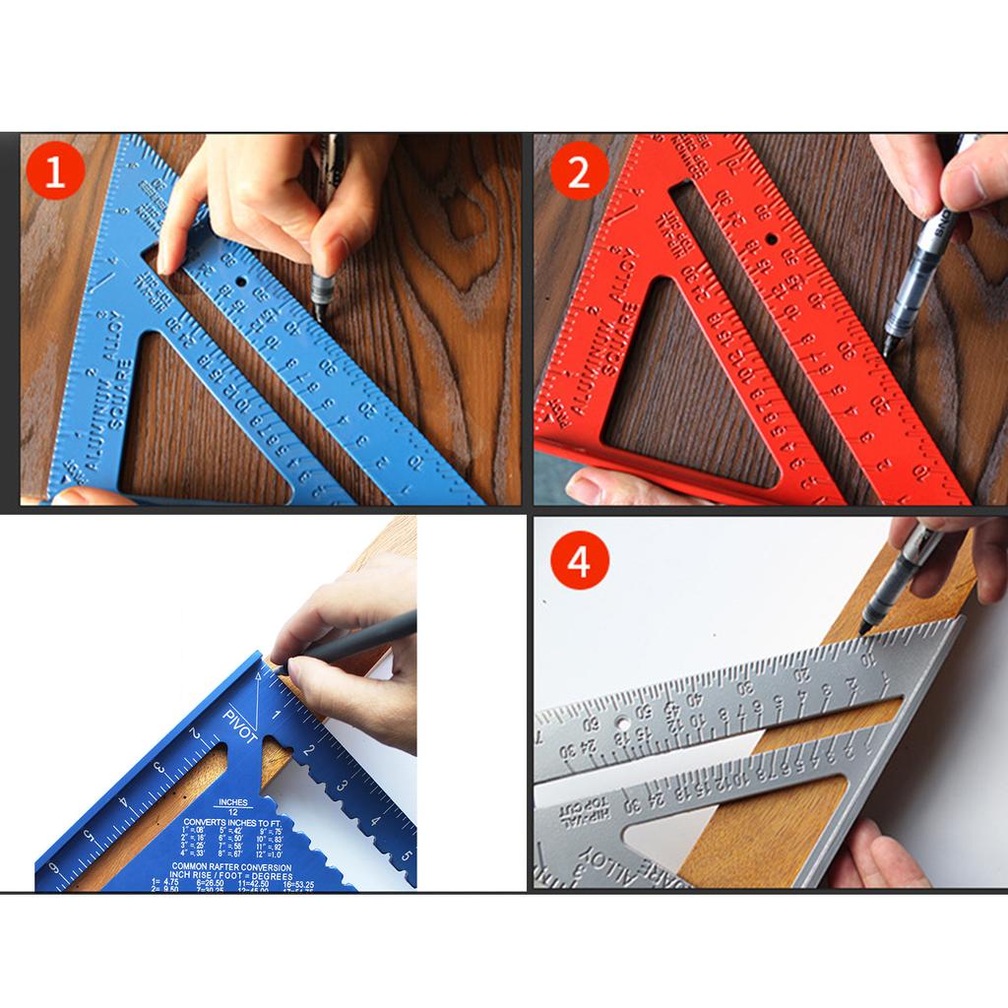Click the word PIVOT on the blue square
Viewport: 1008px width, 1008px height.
pyautogui.click(x=241, y=724)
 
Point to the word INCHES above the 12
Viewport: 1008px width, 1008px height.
pyautogui.click(x=232, y=802)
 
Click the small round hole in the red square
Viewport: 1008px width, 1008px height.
pyautogui.click(x=771, y=239)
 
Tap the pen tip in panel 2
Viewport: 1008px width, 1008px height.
pyautogui.click(x=887, y=352)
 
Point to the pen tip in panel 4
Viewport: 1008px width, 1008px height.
pyautogui.click(x=863, y=629)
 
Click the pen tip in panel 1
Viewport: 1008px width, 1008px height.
pyautogui.click(x=321, y=313)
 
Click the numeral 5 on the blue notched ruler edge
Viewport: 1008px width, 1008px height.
pyautogui.click(x=406, y=853)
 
